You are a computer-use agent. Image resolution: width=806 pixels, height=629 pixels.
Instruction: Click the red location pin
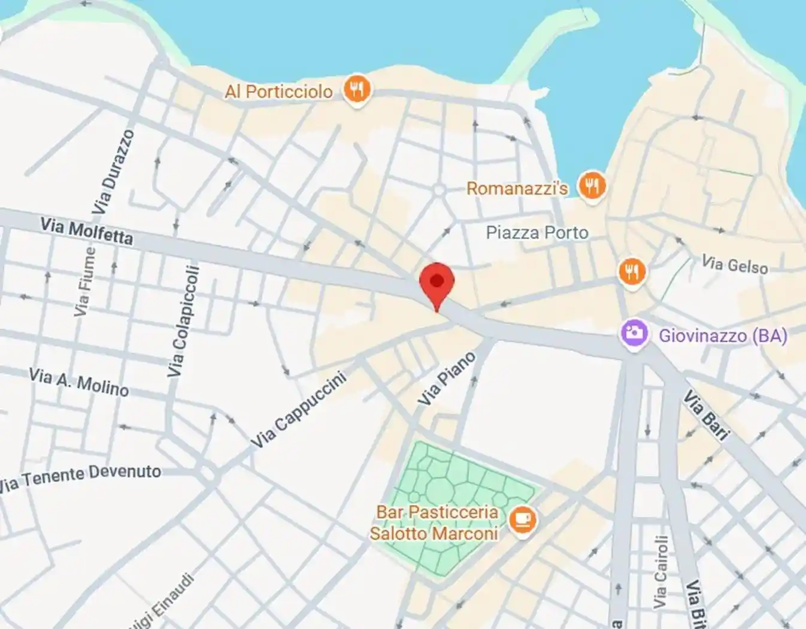[x=437, y=283]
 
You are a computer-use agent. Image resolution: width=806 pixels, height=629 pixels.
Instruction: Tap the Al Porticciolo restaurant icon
[x=357, y=90]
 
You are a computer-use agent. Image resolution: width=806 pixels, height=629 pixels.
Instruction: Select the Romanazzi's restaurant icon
[x=592, y=186]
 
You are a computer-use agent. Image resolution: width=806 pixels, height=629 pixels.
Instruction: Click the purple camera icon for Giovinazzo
[x=634, y=333]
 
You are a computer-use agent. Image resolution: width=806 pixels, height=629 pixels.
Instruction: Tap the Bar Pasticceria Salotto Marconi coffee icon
[x=522, y=520]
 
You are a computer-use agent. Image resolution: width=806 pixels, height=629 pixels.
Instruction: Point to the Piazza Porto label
[x=537, y=232]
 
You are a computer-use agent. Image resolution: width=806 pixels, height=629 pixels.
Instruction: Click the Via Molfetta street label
[x=86, y=231]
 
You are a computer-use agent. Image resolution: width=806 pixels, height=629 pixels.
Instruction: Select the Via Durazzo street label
[x=114, y=171]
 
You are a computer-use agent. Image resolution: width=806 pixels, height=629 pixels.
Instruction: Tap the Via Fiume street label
[x=84, y=282]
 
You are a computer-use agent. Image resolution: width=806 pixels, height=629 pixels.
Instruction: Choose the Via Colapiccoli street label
[x=183, y=322]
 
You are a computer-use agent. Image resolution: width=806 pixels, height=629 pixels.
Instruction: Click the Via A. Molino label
[x=78, y=382]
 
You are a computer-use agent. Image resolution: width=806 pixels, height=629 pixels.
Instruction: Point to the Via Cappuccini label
[x=298, y=409]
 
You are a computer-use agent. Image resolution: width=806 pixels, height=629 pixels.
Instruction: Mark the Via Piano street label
[x=447, y=379]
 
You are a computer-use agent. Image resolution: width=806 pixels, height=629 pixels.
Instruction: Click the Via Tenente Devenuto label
[x=80, y=477]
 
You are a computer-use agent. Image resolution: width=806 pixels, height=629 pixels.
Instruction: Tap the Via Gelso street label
[x=734, y=264]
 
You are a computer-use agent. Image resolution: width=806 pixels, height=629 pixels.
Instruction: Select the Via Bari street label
[x=707, y=415]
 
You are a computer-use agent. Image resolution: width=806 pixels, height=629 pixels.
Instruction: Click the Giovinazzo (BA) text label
[x=723, y=335]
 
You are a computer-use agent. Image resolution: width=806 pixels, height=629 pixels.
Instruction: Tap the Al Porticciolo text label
[x=279, y=92]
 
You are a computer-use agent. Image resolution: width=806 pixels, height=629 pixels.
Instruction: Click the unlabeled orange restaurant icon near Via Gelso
[x=632, y=272]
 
